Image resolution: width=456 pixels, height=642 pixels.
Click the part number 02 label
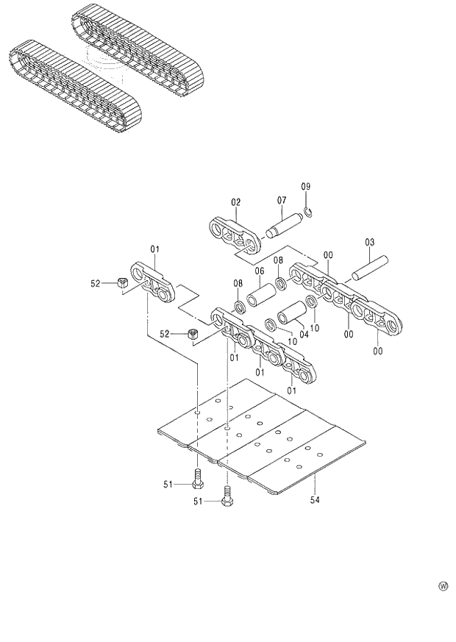pyautogui.click(x=236, y=202)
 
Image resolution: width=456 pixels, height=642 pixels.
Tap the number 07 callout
pyautogui.click(x=281, y=200)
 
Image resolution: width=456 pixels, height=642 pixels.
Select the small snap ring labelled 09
pyautogui.click(x=310, y=213)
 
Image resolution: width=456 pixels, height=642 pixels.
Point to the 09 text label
pyautogui.click(x=306, y=187)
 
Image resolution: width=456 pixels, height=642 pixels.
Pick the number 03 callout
pyautogui.click(x=369, y=242)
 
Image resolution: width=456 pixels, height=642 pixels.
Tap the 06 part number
pyautogui.click(x=259, y=271)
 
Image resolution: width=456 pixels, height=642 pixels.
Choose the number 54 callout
pyautogui.click(x=315, y=501)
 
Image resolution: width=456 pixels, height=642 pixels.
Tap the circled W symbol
pyautogui.click(x=443, y=586)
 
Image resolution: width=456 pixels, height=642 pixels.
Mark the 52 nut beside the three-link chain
pyautogui.click(x=193, y=334)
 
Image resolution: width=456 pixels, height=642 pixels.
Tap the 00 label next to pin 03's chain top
pyautogui.click(x=328, y=254)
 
